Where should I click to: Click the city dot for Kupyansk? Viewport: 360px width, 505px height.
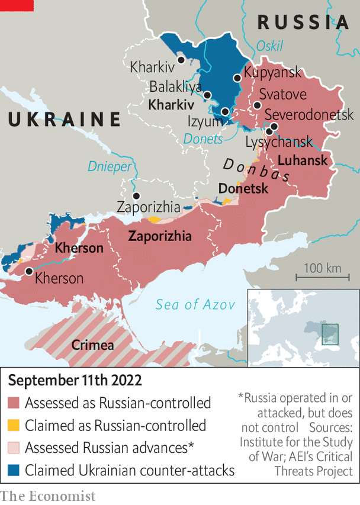tap(237, 78)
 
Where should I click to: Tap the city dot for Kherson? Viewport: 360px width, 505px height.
tap(29, 271)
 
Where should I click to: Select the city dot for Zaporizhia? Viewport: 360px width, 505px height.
tap(137, 196)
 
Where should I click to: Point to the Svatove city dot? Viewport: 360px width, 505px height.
tap(257, 105)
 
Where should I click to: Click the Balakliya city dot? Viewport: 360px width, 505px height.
tap(207, 95)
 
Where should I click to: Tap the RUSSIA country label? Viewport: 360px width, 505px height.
tap(303, 22)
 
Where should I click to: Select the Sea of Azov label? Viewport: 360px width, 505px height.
tap(195, 305)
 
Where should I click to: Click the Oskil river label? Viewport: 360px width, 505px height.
tap(269, 46)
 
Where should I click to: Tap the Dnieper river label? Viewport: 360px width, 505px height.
tap(110, 166)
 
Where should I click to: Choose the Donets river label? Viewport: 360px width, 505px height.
tap(203, 139)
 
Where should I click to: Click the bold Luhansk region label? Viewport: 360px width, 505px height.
tap(302, 161)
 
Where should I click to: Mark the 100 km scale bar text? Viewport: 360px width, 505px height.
tap(323, 268)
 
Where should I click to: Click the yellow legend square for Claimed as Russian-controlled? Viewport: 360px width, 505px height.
tap(14, 426)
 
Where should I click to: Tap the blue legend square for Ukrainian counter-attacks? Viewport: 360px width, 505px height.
tap(14, 471)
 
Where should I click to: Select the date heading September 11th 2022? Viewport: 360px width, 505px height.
tap(75, 380)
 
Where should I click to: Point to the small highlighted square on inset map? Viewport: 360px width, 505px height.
tap(329, 332)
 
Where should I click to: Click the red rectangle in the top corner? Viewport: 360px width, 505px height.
tap(16, 5)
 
